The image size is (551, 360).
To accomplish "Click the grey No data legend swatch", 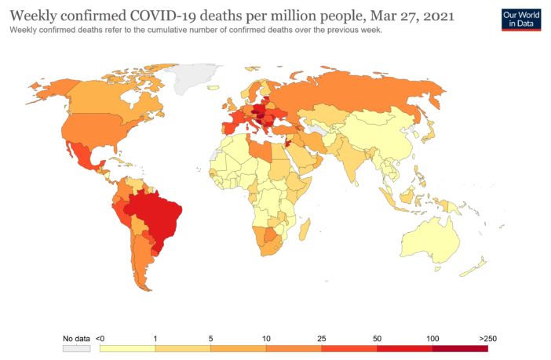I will point(75,348).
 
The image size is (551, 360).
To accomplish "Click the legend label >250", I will point(487,338).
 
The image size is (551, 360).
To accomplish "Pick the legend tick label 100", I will point(432,338).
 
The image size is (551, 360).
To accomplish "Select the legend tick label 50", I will point(377,338).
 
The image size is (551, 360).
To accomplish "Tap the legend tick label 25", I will point(321,338).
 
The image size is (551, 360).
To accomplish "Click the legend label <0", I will point(100,338).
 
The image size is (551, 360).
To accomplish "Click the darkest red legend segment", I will point(460,348).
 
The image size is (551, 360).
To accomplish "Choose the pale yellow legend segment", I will point(127,348).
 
